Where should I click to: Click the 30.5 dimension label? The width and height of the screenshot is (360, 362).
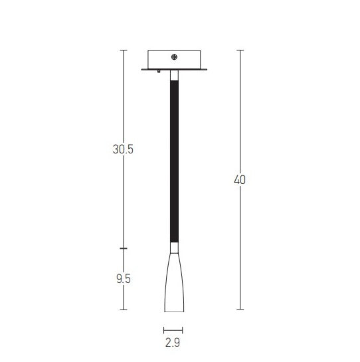point(123,149)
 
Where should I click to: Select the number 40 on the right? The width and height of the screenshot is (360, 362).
point(240,179)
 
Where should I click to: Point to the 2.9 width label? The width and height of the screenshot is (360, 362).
point(173,343)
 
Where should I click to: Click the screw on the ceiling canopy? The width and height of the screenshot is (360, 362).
point(174,58)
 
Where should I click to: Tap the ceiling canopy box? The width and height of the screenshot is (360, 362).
point(174,59)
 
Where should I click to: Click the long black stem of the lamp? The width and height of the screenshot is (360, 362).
point(174,159)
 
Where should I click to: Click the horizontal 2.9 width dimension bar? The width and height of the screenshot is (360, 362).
point(173,330)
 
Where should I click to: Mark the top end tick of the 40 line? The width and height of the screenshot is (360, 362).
point(240,50)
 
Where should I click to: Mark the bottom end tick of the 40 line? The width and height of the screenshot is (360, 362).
point(240,310)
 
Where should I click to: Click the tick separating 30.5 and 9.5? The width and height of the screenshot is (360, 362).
point(123,248)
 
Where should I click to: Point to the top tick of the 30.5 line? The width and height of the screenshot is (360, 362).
point(123,50)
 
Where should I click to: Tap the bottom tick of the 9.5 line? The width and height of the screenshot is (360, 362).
point(123,310)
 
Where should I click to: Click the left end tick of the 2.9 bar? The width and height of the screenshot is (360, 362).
point(163,330)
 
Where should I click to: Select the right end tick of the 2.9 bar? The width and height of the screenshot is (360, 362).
point(183,330)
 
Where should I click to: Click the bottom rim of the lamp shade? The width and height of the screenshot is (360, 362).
point(173,311)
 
